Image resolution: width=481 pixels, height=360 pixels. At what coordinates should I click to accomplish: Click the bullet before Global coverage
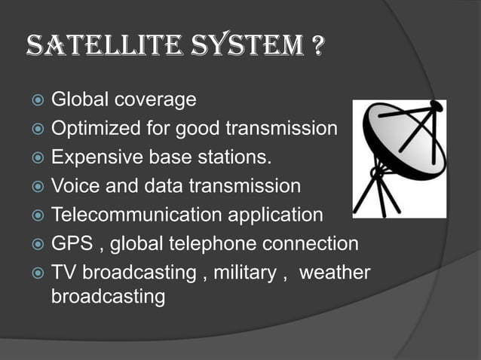35,100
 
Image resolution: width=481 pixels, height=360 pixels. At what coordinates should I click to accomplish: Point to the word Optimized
88,129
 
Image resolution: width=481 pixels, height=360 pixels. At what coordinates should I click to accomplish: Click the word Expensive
90,157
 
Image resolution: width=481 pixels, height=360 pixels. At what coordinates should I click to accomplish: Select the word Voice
71,186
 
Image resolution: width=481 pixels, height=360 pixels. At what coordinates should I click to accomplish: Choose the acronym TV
63,272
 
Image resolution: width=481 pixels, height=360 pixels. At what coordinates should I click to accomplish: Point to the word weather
335,272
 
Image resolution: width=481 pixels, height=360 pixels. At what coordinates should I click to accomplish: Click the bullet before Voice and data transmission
35,186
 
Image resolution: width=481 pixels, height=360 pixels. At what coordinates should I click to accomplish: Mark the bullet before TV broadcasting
35,273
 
